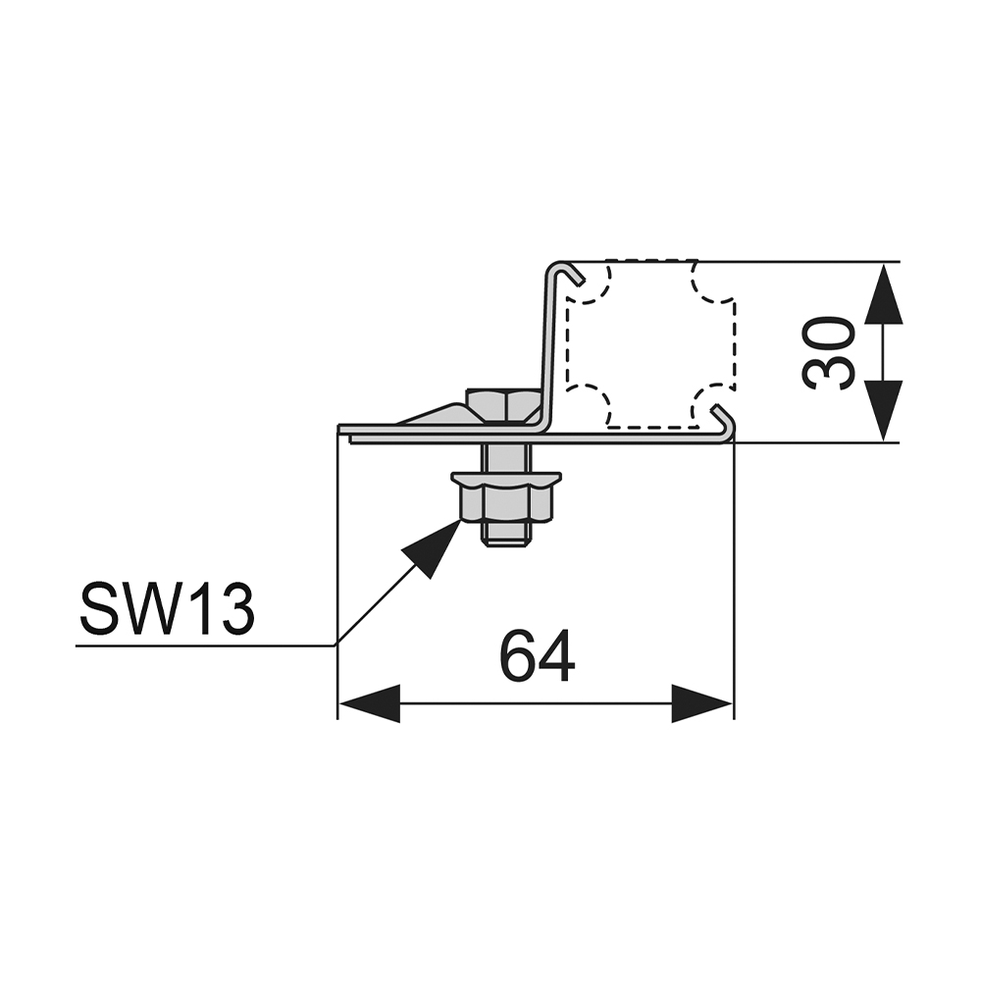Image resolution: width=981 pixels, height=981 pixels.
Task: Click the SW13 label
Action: click(167, 608)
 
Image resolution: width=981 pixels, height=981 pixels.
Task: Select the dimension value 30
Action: click(828, 353)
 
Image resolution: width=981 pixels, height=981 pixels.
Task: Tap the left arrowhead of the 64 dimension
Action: click(369, 703)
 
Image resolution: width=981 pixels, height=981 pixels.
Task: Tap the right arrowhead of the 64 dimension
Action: click(702, 703)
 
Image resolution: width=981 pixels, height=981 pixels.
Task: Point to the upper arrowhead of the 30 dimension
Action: click(883, 293)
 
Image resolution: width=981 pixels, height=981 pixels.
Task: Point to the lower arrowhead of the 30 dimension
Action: click(883, 410)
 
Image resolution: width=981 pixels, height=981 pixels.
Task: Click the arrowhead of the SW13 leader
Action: click(432, 549)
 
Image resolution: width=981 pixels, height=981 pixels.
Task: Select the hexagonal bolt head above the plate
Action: click(505, 405)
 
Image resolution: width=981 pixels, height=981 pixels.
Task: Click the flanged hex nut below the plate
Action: click(507, 495)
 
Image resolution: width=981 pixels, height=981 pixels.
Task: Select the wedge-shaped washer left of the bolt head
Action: click(435, 414)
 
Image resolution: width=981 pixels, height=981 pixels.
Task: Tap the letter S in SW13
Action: click(99, 608)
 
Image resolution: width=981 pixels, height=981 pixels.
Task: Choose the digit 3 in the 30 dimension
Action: click(828, 372)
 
